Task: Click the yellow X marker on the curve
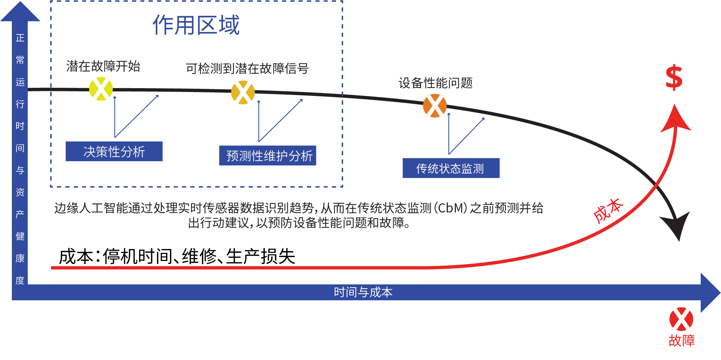tap(101, 89)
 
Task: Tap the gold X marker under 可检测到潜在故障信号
tap(243, 92)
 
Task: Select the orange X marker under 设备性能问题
tap(435, 106)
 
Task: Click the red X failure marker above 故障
tap(681, 319)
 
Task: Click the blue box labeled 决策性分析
tap(114, 151)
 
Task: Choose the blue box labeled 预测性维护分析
tap(268, 156)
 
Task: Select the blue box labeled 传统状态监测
tap(451, 168)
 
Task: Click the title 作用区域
tap(196, 25)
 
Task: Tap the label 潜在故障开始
tap(103, 66)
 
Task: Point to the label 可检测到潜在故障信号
tap(247, 68)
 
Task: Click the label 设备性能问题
tap(435, 83)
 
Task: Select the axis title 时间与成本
tap(363, 292)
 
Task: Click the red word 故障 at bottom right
tap(681, 341)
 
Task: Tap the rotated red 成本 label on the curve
tap(608, 210)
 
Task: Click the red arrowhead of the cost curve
tap(675, 119)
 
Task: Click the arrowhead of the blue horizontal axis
tap(709, 293)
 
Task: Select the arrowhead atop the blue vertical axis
tap(20, 13)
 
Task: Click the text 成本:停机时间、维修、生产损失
tap(177, 256)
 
